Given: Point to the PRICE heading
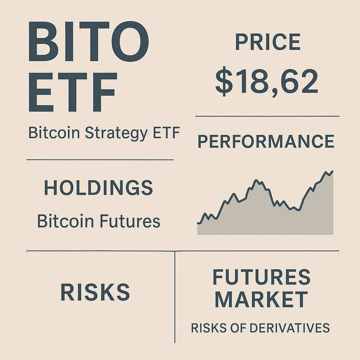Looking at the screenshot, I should click(x=268, y=43).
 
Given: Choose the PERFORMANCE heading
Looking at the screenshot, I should click(x=266, y=141).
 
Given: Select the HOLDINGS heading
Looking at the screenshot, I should click(x=98, y=188).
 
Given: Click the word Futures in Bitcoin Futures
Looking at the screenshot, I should click(x=130, y=221).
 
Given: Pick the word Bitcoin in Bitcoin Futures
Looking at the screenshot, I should click(x=65, y=221).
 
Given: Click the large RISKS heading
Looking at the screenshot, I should click(x=95, y=292).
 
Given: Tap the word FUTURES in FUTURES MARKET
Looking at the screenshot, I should click(x=262, y=277).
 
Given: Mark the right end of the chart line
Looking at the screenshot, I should click(x=332, y=171).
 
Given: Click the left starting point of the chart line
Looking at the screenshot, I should click(x=198, y=223).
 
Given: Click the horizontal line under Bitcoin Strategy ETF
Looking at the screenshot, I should click(x=100, y=160).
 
